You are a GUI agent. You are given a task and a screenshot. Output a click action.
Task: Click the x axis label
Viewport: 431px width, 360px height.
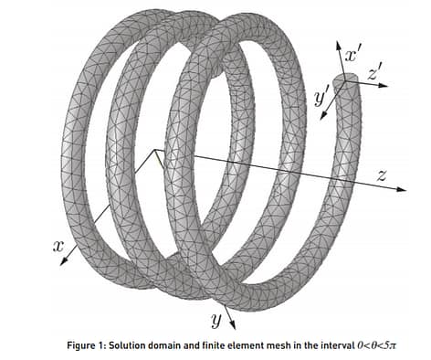(58, 246)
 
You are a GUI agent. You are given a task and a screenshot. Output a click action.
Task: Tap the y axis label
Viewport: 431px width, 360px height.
(216, 320)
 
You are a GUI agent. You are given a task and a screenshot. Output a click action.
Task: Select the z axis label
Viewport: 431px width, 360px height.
(382, 175)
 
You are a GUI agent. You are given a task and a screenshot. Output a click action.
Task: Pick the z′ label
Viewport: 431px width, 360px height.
(374, 72)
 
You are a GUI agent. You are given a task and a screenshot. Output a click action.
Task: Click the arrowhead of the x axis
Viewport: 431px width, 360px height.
(63, 261)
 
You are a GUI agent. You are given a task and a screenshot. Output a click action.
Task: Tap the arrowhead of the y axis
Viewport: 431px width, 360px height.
(233, 325)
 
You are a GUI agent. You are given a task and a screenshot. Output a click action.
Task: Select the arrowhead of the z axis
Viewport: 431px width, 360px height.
(402, 189)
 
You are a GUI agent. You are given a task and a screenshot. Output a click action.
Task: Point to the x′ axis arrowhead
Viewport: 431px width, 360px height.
(338, 45)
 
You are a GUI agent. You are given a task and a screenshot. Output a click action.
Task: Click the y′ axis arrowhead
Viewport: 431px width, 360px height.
(323, 115)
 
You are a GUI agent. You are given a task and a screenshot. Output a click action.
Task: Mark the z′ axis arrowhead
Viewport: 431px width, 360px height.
(384, 85)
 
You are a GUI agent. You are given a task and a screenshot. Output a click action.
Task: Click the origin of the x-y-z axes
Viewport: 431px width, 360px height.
(155, 150)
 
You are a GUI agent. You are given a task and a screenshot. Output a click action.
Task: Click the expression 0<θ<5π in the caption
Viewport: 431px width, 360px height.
(377, 345)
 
